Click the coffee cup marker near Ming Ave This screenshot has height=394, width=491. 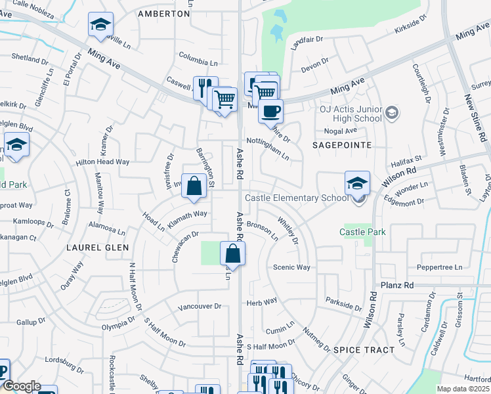coord(270,110)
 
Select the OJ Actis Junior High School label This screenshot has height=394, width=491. coord(351,113)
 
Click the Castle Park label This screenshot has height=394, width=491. coord(362,232)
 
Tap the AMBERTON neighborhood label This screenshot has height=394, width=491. coord(163,13)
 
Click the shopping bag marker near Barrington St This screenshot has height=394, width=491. coord(194,186)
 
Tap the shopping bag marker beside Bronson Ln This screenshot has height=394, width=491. coord(232,253)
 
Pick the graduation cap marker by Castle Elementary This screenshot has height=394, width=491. coord(357,183)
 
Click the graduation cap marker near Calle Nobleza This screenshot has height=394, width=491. coord(100,25)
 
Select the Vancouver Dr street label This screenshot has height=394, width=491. coord(200,307)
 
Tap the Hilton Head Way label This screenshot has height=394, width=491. coord(103,162)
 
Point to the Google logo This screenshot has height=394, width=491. coord(21,387)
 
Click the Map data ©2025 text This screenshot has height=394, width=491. coord(463,389)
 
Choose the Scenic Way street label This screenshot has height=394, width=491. coord(291,267)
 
